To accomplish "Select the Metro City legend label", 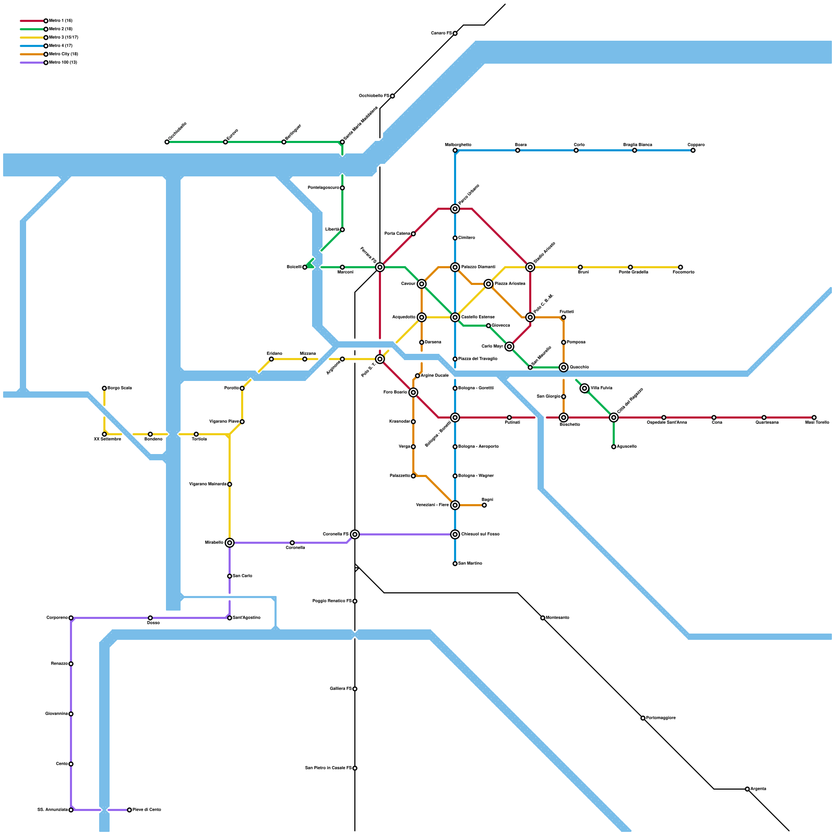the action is pyautogui.click(x=63, y=54).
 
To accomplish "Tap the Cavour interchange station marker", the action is pyautogui.click(x=422, y=284).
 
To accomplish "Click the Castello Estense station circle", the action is pyautogui.click(x=455, y=317).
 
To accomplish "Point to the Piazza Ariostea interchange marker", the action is pyautogui.click(x=488, y=284).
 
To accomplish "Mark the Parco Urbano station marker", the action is pyautogui.click(x=455, y=209).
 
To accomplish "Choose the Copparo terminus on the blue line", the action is pyautogui.click(x=693, y=150).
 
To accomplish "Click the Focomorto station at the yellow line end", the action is pyautogui.click(x=681, y=267).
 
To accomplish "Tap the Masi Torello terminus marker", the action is pyautogui.click(x=814, y=417).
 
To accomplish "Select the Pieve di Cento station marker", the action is pyautogui.click(x=129, y=810).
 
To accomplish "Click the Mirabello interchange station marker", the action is pyautogui.click(x=230, y=543).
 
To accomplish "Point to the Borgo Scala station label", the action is pyautogui.click(x=120, y=388).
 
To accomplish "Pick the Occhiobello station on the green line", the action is pyautogui.click(x=167, y=142).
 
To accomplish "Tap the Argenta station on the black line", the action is pyautogui.click(x=747, y=789).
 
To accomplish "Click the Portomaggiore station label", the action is pyautogui.click(x=661, y=718).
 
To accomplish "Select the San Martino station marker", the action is pyautogui.click(x=455, y=564).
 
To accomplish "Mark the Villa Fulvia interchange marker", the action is pyautogui.click(x=584, y=388).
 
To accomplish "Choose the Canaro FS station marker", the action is pyautogui.click(x=455, y=33).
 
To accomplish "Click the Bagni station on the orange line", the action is pyautogui.click(x=484, y=505).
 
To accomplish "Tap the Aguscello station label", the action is pyautogui.click(x=626, y=447).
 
